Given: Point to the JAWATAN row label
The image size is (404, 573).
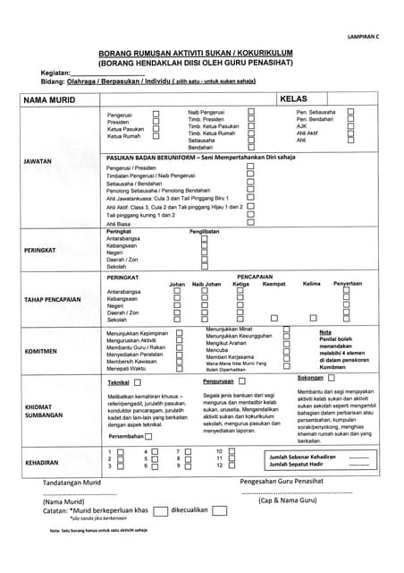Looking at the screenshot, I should (x=39, y=161).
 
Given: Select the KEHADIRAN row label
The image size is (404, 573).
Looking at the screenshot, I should (x=41, y=463).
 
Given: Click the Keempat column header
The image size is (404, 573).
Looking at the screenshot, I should (x=274, y=284).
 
